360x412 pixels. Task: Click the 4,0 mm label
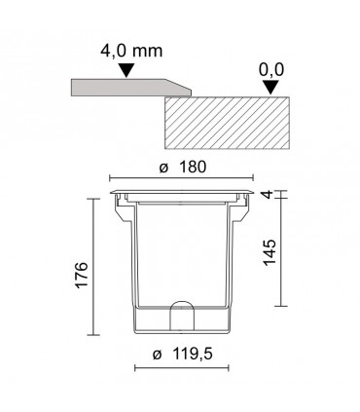[131, 52]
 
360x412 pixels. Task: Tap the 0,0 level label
[271, 70]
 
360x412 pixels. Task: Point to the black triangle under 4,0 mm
[126, 70]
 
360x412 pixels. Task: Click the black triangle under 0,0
[271, 88]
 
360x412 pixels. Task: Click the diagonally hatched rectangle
[227, 123]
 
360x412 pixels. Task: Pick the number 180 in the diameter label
[193, 168]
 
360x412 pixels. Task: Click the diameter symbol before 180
[164, 169]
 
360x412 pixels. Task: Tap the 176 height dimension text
[82, 275]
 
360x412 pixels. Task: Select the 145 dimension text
[269, 252]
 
